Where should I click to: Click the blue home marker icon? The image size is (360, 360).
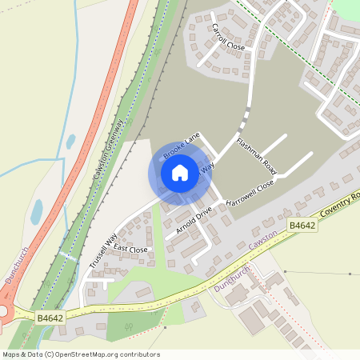(x=180, y=173)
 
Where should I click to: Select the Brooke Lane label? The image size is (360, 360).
(x=180, y=144)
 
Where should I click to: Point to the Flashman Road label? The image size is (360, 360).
(x=256, y=157)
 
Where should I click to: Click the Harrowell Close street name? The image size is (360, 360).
(x=250, y=194)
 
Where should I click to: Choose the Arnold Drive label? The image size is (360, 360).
(x=194, y=220)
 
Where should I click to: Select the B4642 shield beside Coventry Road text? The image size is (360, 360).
(x=302, y=226)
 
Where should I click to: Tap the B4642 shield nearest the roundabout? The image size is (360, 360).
(x=50, y=318)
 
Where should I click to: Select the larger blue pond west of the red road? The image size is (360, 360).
(x=37, y=211)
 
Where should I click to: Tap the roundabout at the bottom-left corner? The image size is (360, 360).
(x=3, y=312)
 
